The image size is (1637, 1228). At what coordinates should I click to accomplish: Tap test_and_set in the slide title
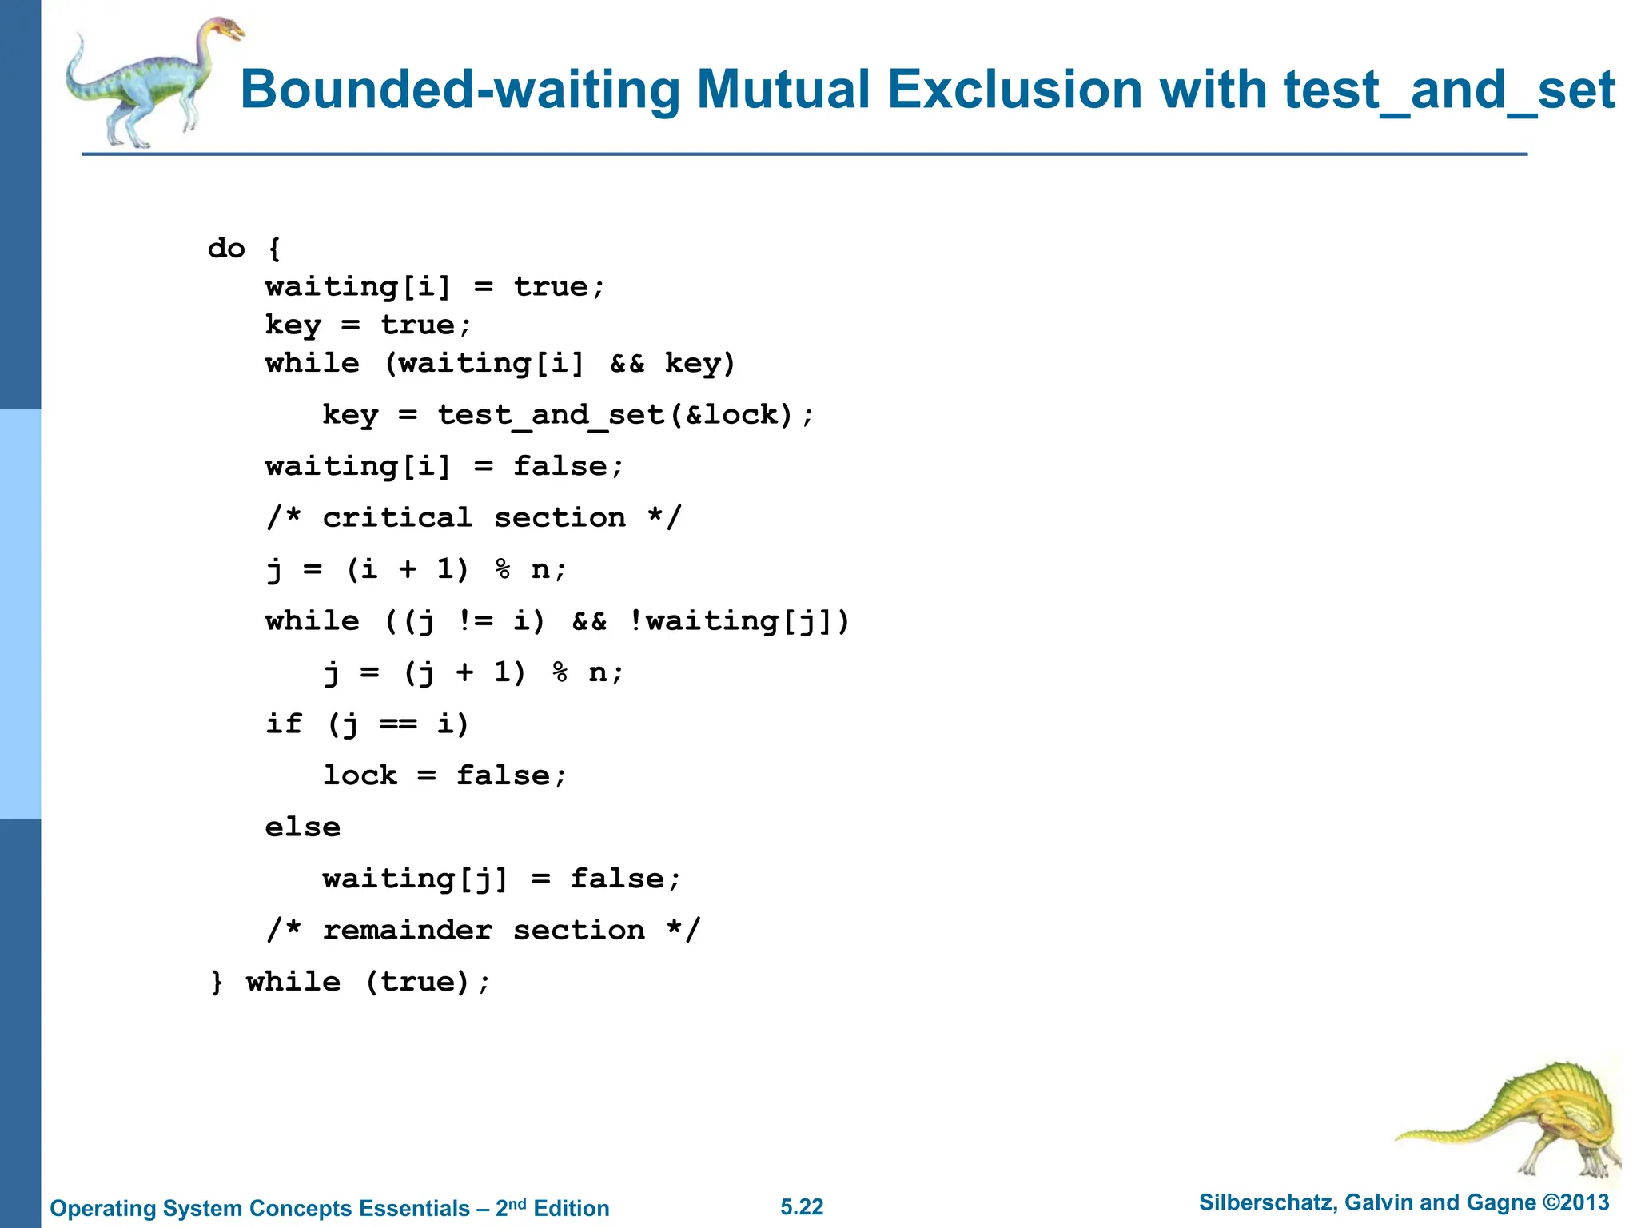coord(1448,90)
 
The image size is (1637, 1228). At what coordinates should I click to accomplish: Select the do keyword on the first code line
coord(226,249)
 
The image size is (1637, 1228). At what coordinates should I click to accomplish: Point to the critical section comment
coord(474,518)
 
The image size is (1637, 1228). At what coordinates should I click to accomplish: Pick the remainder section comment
coord(484,931)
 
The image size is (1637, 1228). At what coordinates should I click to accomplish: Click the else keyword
coord(303,827)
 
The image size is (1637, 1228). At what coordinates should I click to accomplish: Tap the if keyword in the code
coord(284,724)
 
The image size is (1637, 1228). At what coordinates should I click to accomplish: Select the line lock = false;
coord(444,775)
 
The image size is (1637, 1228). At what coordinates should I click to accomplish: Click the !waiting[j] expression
coord(739,621)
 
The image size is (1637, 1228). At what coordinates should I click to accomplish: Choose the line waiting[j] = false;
coord(501,879)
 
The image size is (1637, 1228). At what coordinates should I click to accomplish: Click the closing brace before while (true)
coord(217,983)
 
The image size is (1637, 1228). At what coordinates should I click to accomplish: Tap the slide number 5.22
coord(802,1207)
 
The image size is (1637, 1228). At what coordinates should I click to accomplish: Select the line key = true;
coord(368,325)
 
